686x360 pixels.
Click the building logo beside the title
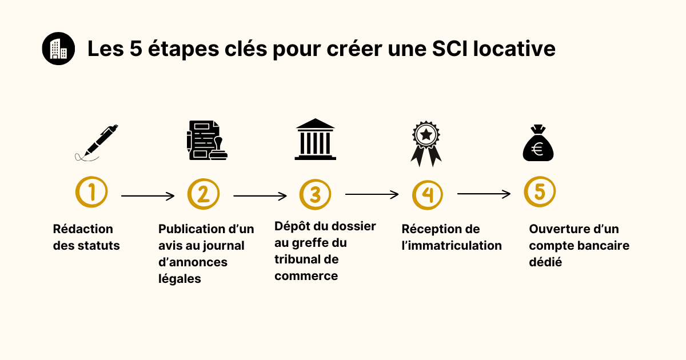pyautogui.click(x=58, y=49)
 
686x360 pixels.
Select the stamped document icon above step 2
pyautogui.click(x=207, y=140)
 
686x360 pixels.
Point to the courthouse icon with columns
pyautogui.click(x=315, y=139)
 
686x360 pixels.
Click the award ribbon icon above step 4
pyautogui.click(x=426, y=144)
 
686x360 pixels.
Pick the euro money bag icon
pyautogui.click(x=538, y=143)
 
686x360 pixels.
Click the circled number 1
pyautogui.click(x=91, y=192)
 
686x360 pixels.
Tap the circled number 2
pyautogui.click(x=204, y=194)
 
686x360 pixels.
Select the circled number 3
pyautogui.click(x=315, y=194)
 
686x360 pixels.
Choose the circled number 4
pyautogui.click(x=427, y=195)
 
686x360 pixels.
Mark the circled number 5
pyautogui.click(x=540, y=191)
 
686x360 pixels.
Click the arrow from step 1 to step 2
pyautogui.click(x=147, y=196)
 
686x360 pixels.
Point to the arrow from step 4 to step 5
pyautogui.click(x=484, y=194)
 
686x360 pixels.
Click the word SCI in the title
pyautogui.click(x=449, y=49)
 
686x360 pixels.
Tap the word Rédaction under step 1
pyautogui.click(x=83, y=229)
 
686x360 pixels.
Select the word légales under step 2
pyautogui.click(x=180, y=279)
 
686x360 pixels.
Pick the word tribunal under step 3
pyautogui.click(x=294, y=259)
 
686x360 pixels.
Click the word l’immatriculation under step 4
pyautogui.click(x=452, y=246)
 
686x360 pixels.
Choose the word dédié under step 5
pyautogui.click(x=545, y=262)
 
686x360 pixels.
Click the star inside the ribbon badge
pyautogui.click(x=426, y=134)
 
